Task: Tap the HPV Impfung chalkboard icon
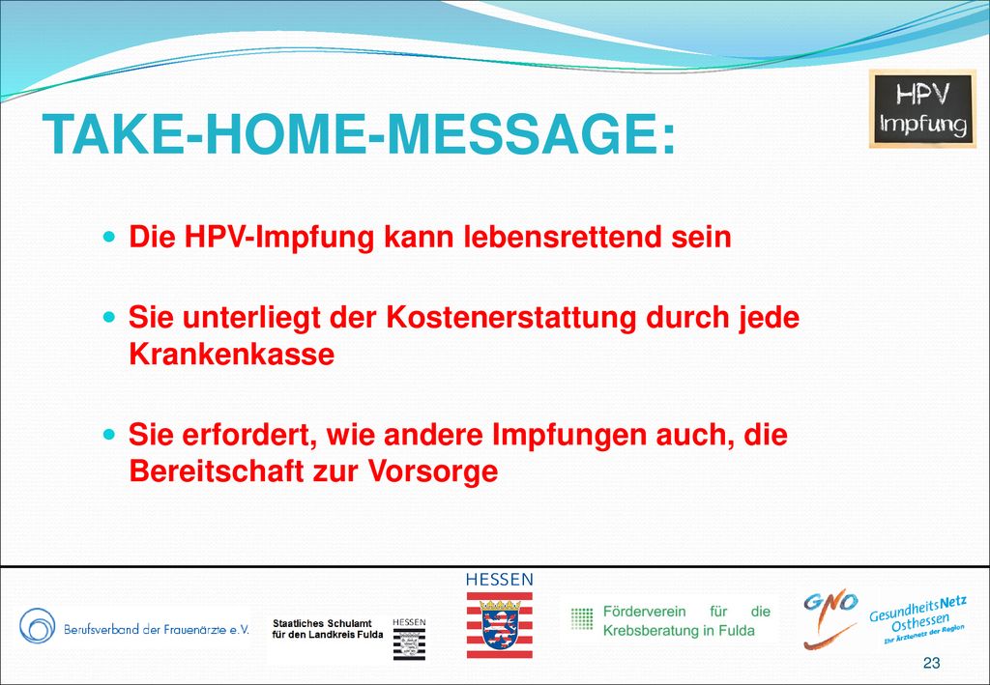(x=922, y=108)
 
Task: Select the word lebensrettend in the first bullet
(x=562, y=237)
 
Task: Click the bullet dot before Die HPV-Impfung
(x=110, y=237)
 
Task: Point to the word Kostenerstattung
(x=510, y=317)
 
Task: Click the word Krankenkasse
(x=232, y=354)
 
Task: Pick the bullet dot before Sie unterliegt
(x=110, y=317)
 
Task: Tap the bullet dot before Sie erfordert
(x=110, y=434)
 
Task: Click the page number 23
(x=931, y=662)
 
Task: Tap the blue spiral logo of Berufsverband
(x=38, y=625)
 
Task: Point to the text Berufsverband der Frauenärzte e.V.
(x=157, y=630)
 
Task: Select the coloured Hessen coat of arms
(x=500, y=624)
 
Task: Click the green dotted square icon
(x=582, y=618)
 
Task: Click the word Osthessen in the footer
(x=920, y=624)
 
